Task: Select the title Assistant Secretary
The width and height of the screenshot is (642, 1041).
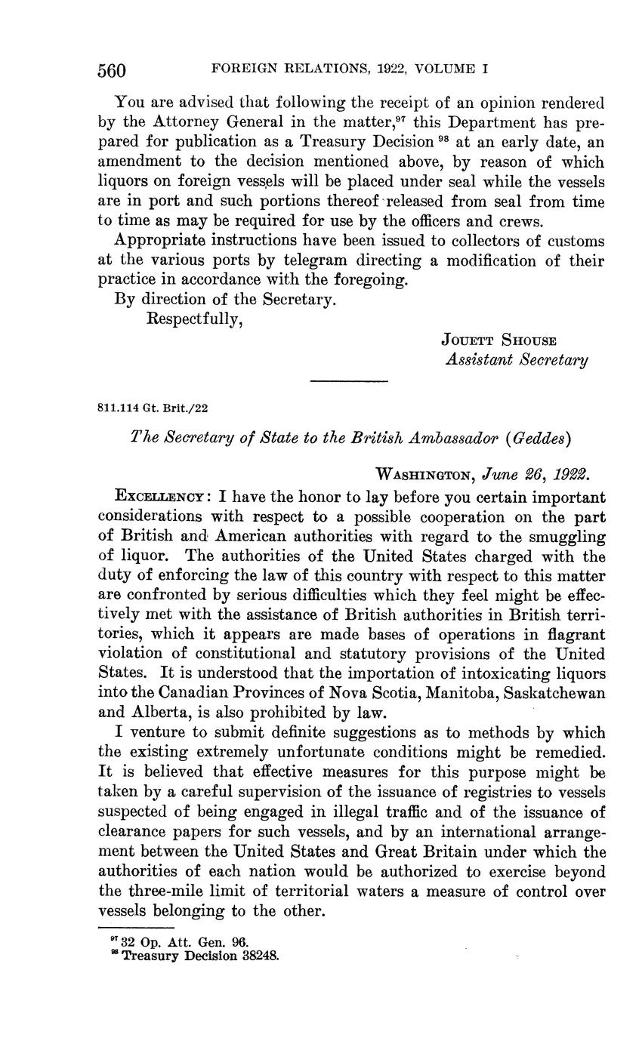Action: point(517,361)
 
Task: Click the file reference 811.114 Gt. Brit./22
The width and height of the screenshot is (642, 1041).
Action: point(153,408)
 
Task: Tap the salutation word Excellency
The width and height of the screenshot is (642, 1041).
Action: point(159,497)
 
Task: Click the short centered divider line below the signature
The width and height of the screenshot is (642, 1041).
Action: point(349,381)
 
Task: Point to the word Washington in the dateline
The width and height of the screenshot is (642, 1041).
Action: point(424,476)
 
